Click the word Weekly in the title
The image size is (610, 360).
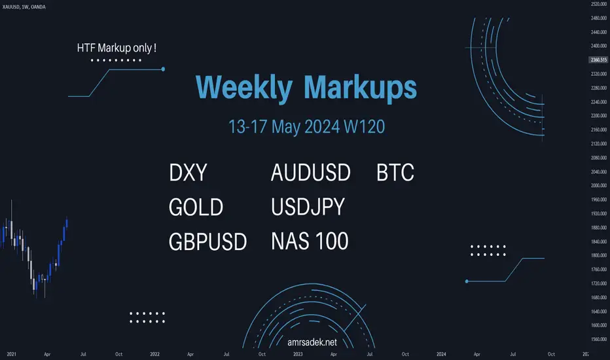(244, 88)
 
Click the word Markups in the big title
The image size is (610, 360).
(360, 88)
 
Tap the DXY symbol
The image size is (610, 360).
(188, 172)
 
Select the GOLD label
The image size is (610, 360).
(196, 207)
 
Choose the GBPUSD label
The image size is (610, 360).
(207, 242)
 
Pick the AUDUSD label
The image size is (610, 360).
(311, 172)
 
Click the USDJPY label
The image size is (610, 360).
(308, 207)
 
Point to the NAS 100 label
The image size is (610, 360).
(310, 242)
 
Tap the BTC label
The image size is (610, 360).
(395, 172)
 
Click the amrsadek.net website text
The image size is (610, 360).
(312, 342)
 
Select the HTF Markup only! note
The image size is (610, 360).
(117, 48)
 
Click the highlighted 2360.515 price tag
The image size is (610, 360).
(598, 60)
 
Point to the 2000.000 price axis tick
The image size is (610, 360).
(599, 186)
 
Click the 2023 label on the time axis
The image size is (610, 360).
(298, 354)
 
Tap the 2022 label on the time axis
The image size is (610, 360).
(155, 354)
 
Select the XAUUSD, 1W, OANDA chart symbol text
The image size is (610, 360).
(24, 7)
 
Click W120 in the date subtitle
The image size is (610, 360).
(365, 127)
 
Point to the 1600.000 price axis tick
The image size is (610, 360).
(599, 325)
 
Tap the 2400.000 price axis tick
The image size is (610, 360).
(599, 46)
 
